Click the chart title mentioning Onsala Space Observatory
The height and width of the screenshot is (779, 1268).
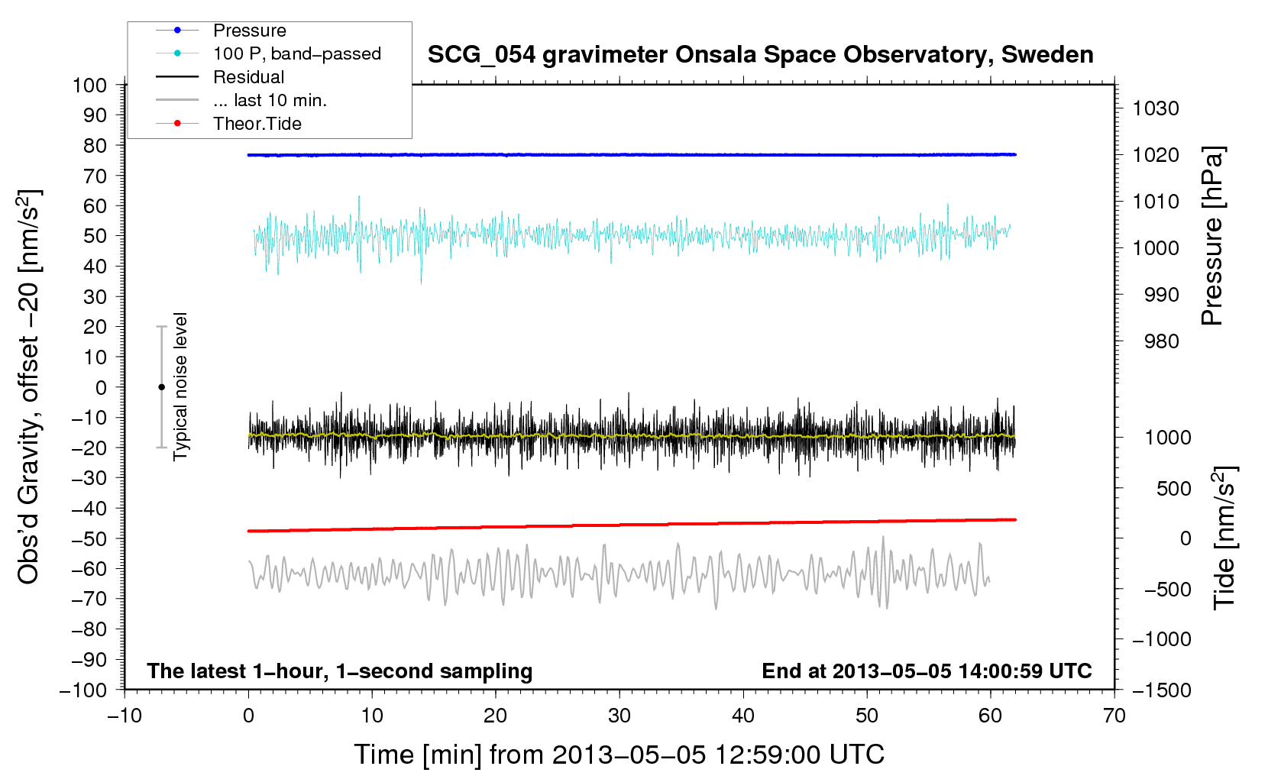tap(760, 55)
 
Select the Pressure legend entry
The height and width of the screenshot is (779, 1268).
tap(221, 31)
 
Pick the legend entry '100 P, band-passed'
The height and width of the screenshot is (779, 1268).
tap(268, 53)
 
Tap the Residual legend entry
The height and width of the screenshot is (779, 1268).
tap(220, 77)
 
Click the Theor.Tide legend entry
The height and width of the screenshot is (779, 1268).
tap(228, 124)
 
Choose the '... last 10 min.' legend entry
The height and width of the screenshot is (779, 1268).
tap(241, 100)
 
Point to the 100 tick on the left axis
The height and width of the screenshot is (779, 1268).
tap(89, 86)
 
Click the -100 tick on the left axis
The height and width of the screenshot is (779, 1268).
tap(83, 690)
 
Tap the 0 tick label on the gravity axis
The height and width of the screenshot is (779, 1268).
tap(101, 388)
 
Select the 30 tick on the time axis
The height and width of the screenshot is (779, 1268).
tap(619, 716)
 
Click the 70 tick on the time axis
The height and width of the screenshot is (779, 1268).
tap(1114, 716)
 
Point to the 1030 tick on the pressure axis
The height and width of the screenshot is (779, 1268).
tap(1156, 108)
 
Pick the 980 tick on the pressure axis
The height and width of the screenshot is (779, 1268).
tap(1161, 341)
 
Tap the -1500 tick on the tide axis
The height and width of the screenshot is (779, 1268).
tap(1162, 690)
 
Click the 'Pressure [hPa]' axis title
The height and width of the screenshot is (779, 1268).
tap(1212, 236)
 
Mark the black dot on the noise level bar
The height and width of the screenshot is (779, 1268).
tap(161, 387)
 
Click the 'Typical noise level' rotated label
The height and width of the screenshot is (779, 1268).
tap(180, 386)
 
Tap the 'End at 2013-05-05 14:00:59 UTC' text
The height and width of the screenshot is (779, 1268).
tap(927, 671)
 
